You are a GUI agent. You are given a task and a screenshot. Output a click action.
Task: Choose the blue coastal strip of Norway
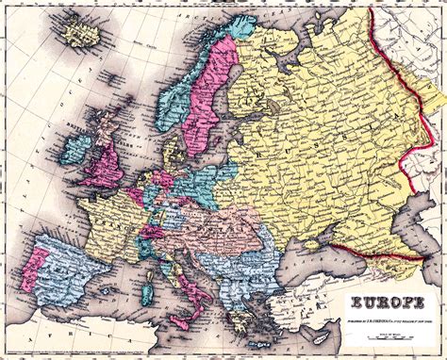174,104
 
